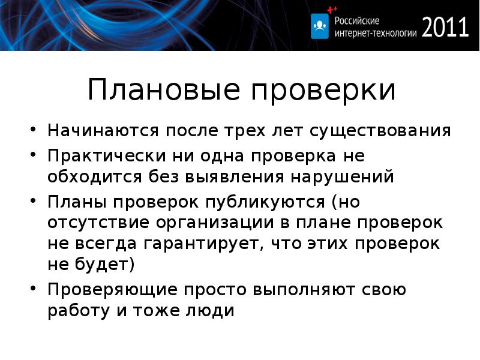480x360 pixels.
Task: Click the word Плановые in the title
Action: pos(158,90)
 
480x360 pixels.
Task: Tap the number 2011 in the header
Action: pos(445,27)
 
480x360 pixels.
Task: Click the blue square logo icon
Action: pos(320,26)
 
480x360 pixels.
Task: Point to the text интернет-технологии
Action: pos(374,34)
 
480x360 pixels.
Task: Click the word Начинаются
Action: pos(103,130)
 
